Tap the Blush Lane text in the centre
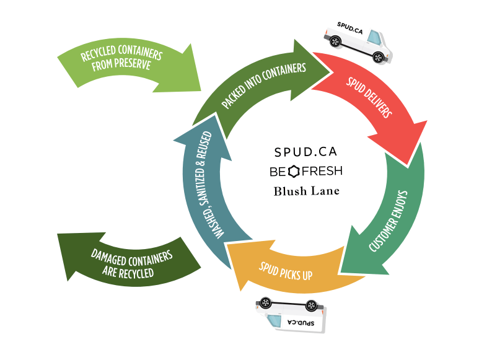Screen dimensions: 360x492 coord(307,191)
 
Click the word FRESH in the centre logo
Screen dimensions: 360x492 coord(322,170)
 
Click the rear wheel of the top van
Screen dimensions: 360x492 coord(335,42)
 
